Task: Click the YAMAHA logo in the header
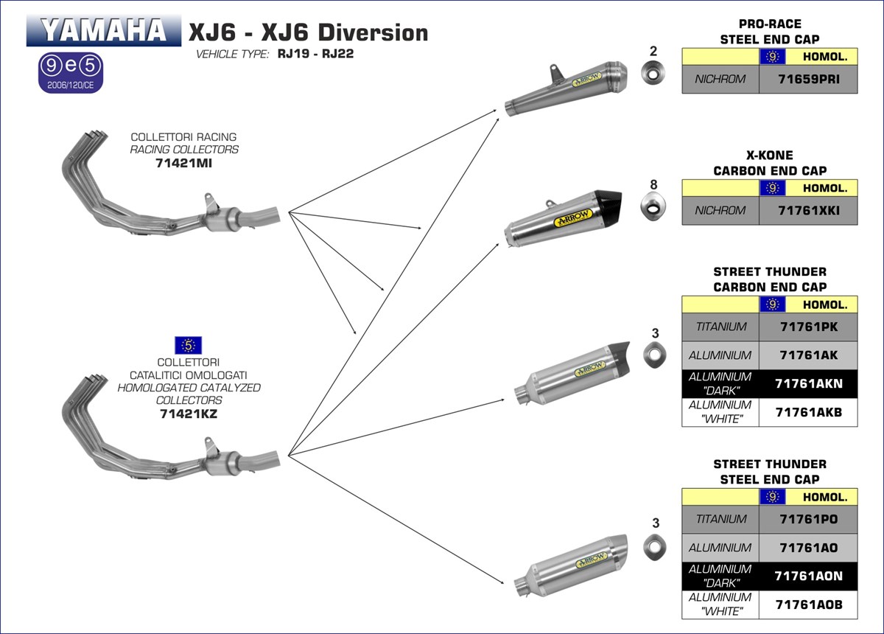coord(103,31)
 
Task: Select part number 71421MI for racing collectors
coord(184,163)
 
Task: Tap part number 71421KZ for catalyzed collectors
coord(189,414)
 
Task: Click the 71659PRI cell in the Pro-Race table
coord(808,79)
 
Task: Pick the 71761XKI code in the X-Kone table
coord(808,211)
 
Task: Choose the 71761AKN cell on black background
coord(808,383)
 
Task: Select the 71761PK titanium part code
coord(808,327)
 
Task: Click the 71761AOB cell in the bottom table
coord(808,605)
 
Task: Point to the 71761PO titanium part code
coord(808,519)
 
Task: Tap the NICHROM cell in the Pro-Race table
coord(720,79)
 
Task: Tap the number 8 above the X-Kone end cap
coord(653,184)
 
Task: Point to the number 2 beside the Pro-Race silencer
coord(653,52)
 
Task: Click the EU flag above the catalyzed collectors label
coord(189,344)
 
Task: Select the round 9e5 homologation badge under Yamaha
coord(71,67)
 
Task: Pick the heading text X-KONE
coord(770,156)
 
